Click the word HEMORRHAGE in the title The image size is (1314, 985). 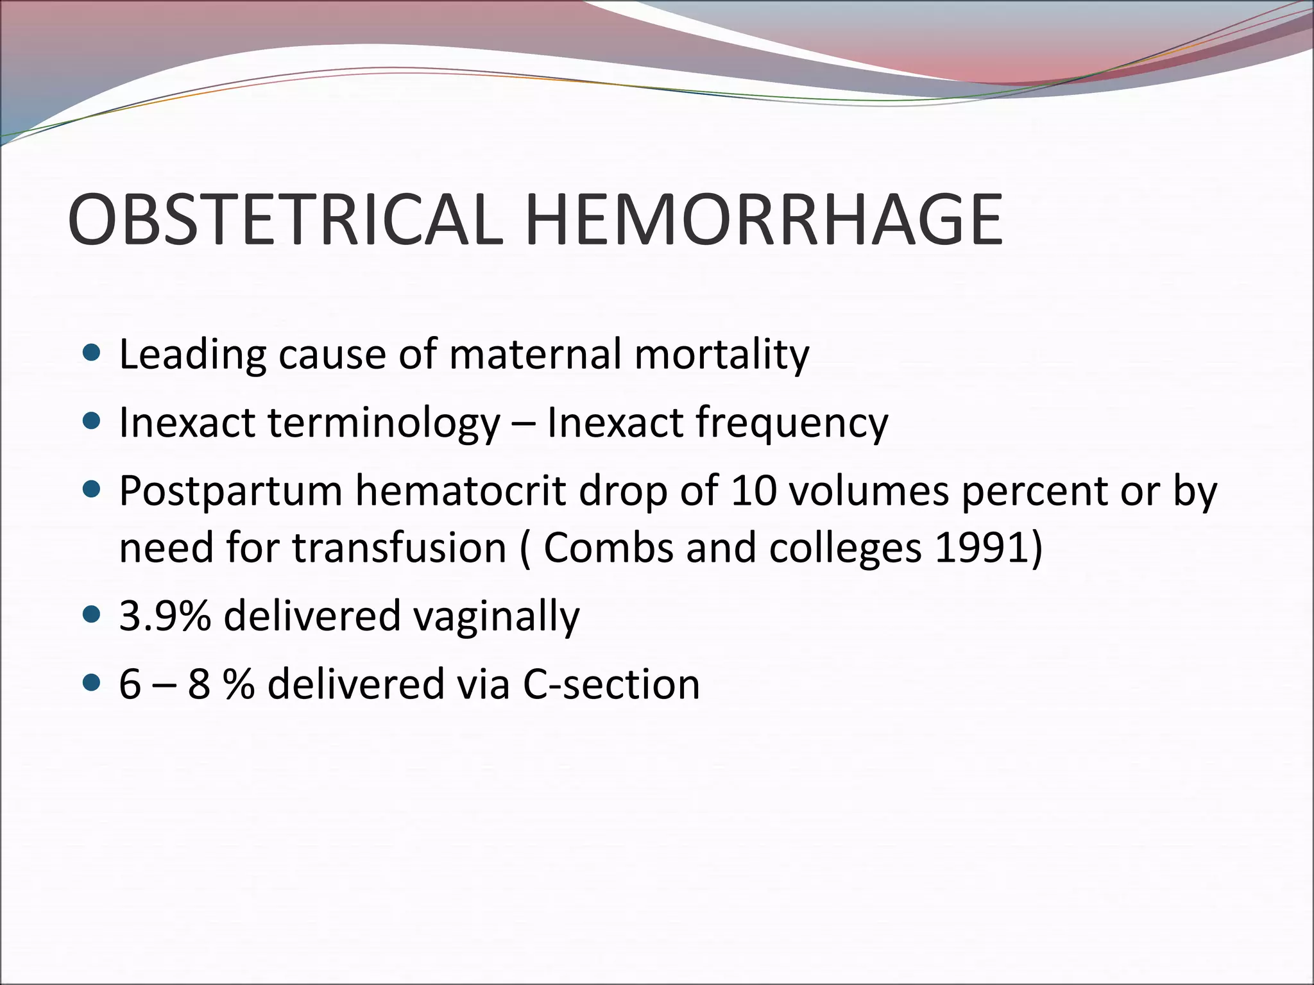pyautogui.click(x=764, y=220)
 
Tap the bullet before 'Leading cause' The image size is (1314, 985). pyautogui.click(x=92, y=352)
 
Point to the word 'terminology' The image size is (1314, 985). pyautogui.click(x=383, y=423)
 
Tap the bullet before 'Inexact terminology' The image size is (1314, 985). pyautogui.click(x=92, y=421)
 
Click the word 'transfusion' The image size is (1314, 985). pyautogui.click(x=400, y=549)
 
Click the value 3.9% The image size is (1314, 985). pyautogui.click(x=165, y=616)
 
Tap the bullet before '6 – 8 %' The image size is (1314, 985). pyautogui.click(x=92, y=684)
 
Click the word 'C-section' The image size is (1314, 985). pyautogui.click(x=611, y=685)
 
